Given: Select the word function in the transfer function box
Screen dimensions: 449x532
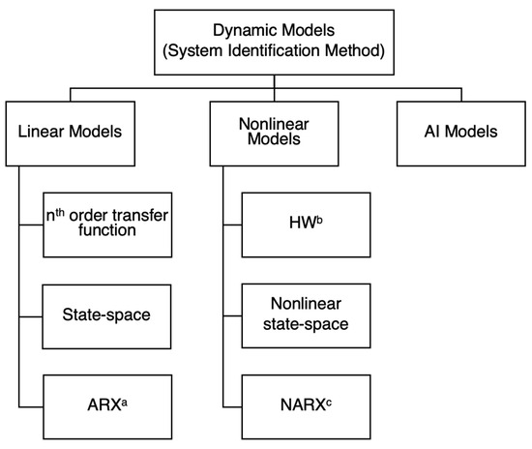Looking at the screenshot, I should pyautogui.click(x=105, y=232).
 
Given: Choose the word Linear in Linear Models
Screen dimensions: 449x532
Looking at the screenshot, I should pyautogui.click(x=38, y=132).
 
